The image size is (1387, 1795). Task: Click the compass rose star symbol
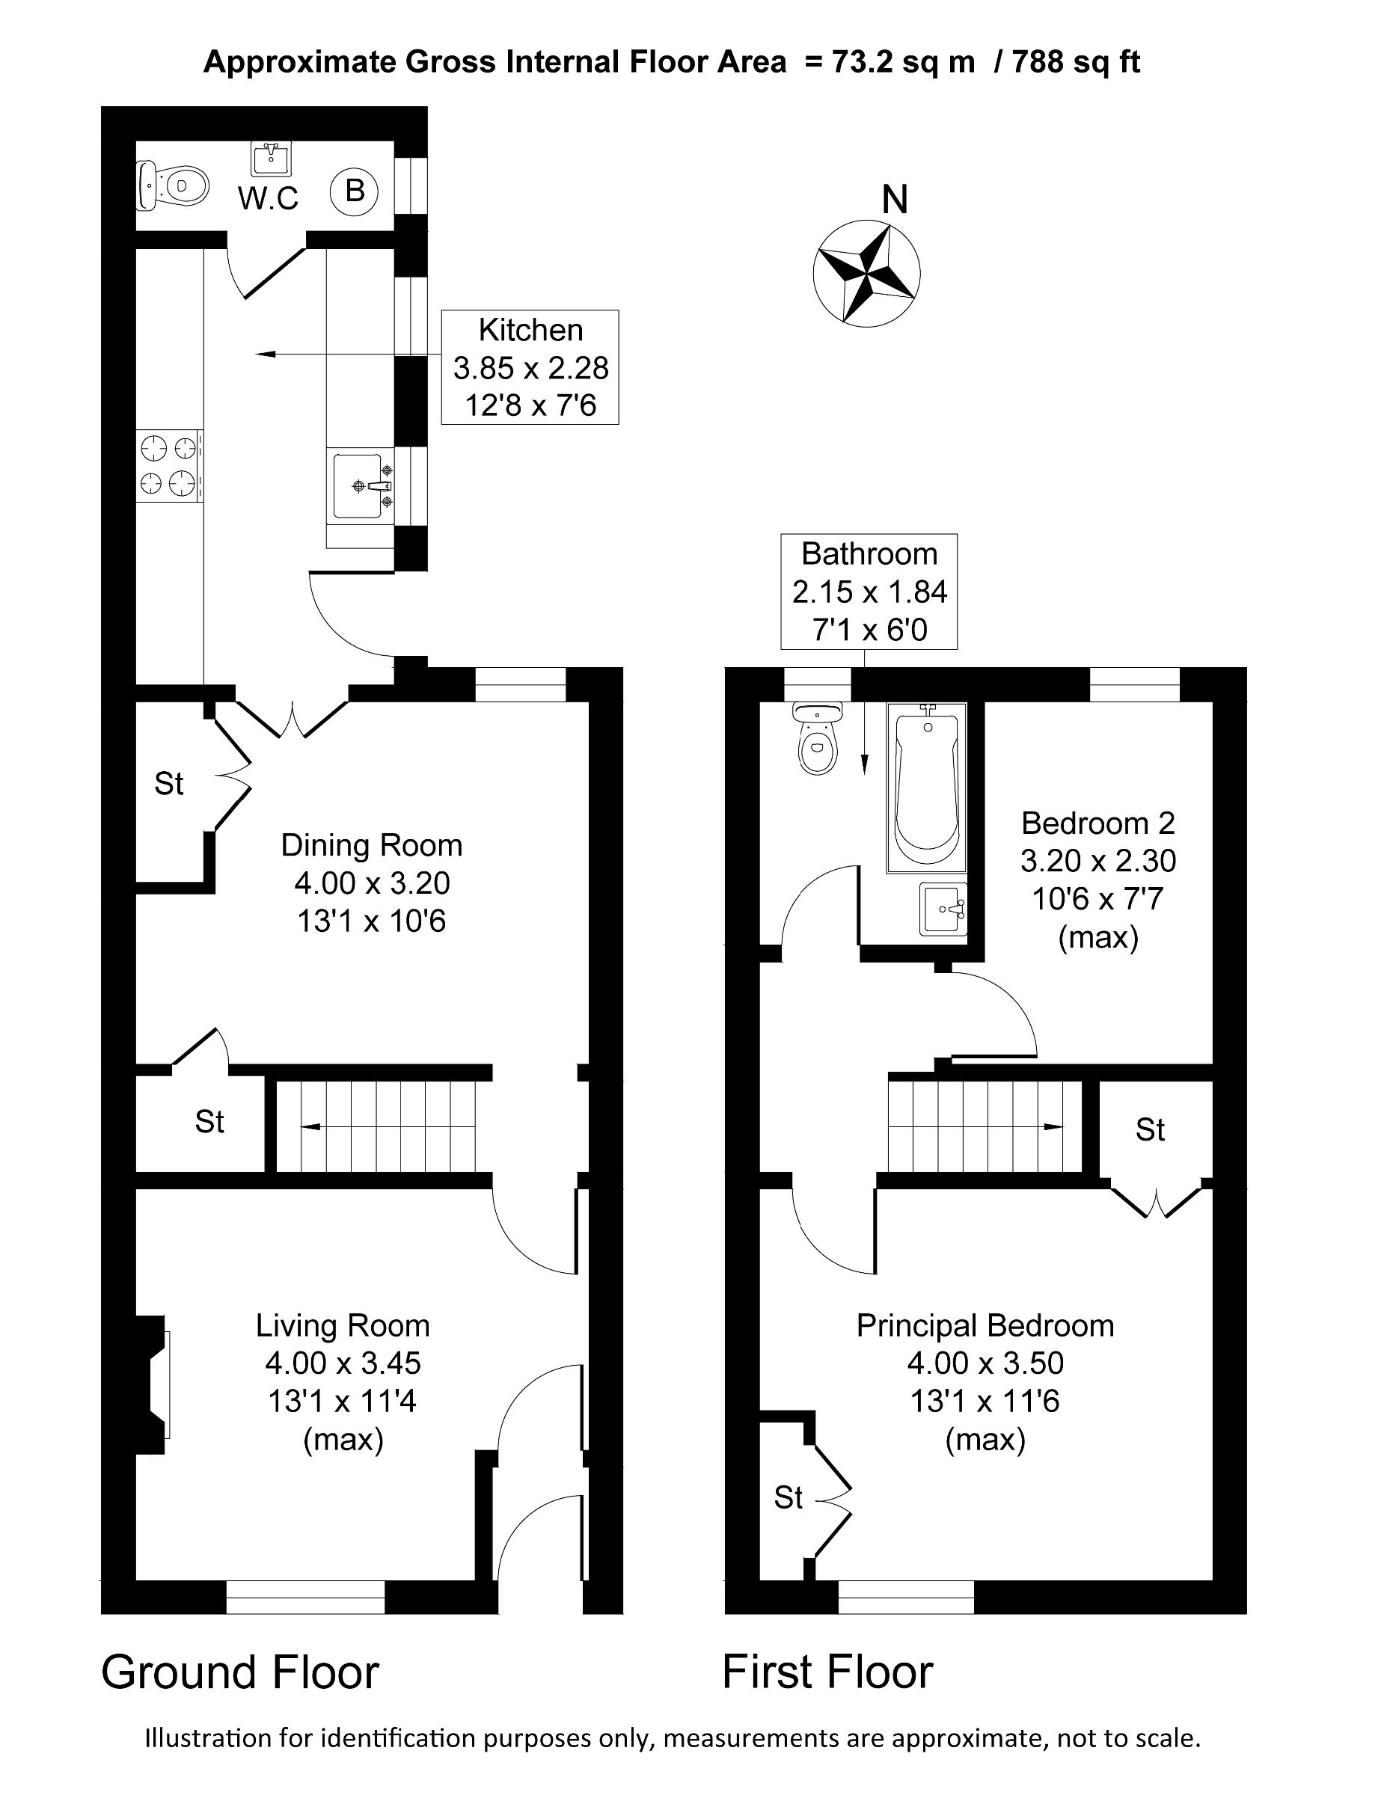point(866,274)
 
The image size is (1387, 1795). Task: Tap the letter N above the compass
point(895,200)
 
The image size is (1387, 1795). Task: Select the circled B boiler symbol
point(354,191)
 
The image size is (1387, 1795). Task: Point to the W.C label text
point(268,198)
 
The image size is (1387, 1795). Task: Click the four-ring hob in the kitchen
point(168,465)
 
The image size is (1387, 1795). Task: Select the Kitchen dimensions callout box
point(530,367)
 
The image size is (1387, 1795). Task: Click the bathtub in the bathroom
point(927,788)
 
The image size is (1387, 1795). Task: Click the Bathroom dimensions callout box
point(869,592)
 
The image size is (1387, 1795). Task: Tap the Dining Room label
point(372,845)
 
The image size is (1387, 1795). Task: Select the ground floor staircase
point(376,1127)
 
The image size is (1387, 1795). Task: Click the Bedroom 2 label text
point(1097,823)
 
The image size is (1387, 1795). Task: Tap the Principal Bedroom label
point(985,1326)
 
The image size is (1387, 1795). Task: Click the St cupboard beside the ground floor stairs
point(209,1122)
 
